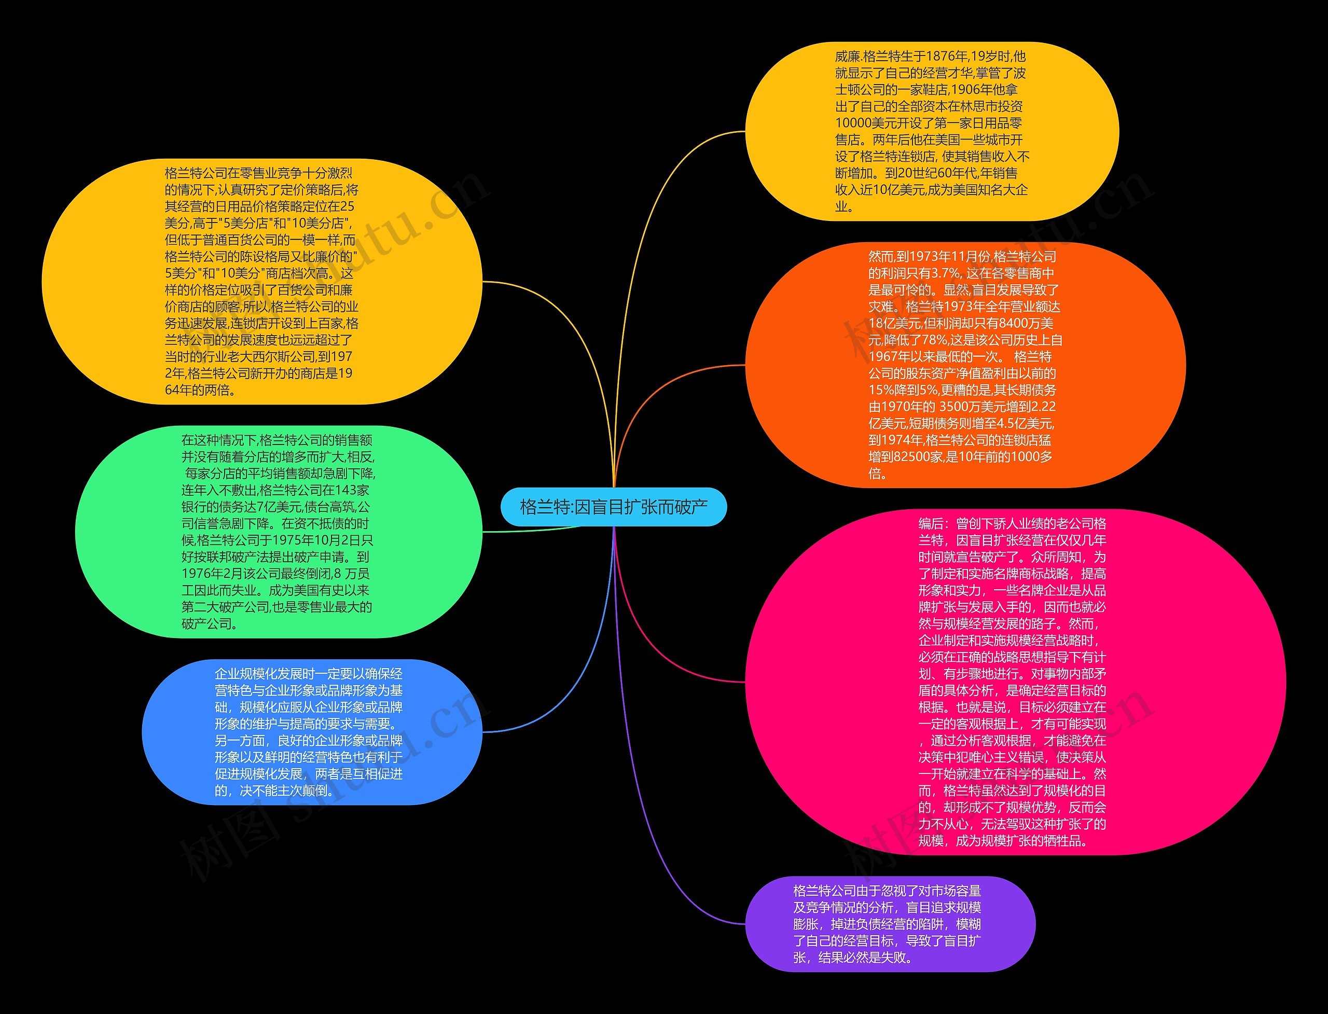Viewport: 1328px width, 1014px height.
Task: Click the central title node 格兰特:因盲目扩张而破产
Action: tap(613, 506)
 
